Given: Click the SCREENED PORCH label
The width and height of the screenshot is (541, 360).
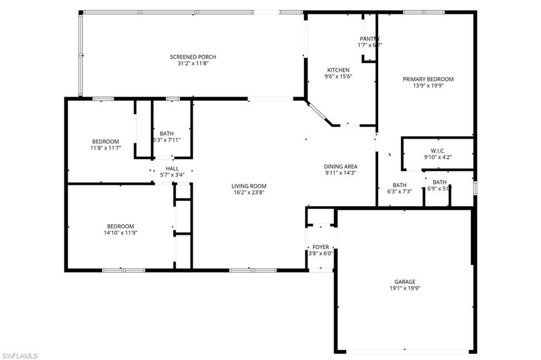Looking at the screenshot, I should click(193, 57).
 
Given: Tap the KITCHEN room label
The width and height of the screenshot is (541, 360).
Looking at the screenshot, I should click(338, 70).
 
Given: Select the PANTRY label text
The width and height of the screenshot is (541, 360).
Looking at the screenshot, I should click(370, 39).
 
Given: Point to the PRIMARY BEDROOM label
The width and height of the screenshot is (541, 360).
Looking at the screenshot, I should click(428, 79).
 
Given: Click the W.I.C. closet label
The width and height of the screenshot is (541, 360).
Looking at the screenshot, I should click(438, 150).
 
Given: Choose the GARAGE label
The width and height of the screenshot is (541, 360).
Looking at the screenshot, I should click(405, 281).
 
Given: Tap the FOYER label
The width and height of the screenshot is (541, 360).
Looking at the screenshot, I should click(321, 247).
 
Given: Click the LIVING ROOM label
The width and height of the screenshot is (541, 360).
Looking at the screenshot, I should click(249, 186).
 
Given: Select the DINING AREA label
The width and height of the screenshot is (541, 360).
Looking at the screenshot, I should click(341, 166).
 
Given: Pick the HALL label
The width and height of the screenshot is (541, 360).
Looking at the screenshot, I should click(172, 168).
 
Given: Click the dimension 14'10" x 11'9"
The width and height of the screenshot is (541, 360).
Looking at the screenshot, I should click(120, 232).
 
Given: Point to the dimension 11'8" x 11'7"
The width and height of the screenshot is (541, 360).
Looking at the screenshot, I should click(106, 148).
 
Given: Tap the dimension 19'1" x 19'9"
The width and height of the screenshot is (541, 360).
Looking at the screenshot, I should click(405, 288).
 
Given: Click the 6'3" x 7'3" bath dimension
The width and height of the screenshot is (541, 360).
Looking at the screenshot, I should click(399, 192).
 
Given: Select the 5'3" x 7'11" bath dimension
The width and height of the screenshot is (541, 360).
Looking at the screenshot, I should click(167, 140).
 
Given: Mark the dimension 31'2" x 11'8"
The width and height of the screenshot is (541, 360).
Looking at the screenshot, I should click(193, 63).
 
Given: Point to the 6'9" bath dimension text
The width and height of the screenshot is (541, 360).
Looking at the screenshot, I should click(438, 189).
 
